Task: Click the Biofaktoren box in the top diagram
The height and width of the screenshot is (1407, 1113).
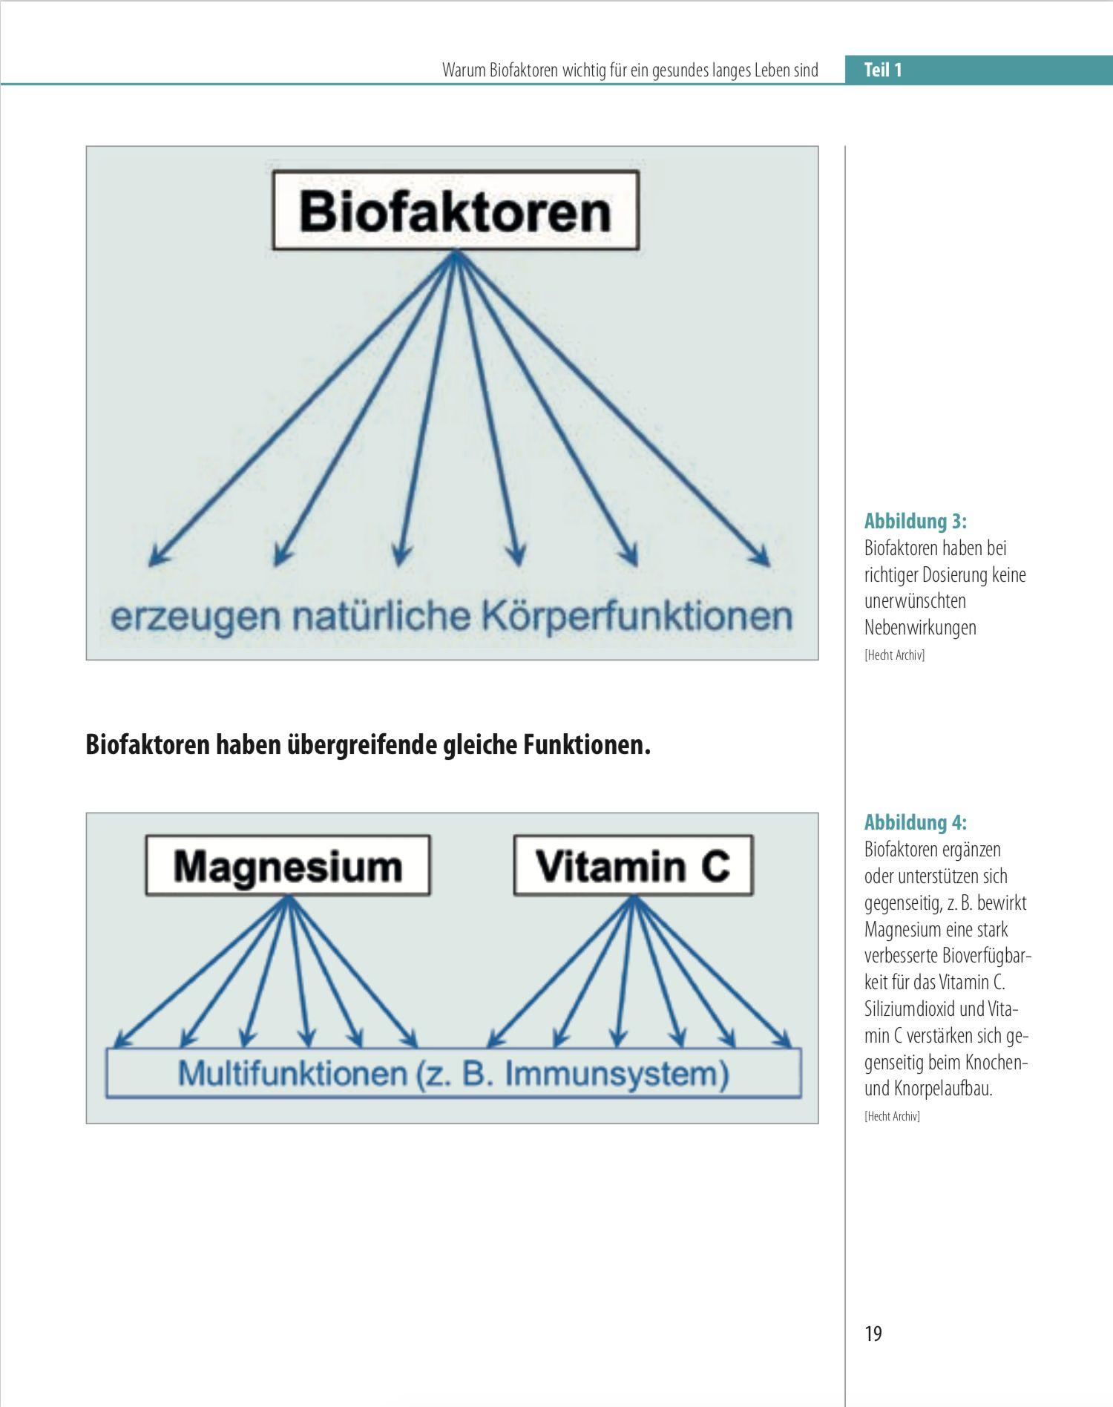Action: tap(456, 211)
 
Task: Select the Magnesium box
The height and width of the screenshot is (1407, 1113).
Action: tap(288, 866)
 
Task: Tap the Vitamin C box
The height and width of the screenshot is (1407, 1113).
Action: tap(633, 866)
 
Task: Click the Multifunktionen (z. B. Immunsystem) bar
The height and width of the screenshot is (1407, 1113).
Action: tap(453, 1074)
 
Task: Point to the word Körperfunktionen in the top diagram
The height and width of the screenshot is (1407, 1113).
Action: tap(637, 617)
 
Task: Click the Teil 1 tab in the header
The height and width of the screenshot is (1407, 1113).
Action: tap(882, 70)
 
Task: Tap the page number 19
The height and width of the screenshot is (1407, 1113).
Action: tap(873, 1334)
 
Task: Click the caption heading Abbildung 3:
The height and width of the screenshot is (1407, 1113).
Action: tap(916, 521)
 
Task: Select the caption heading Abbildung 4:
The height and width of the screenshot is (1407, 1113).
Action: tap(916, 822)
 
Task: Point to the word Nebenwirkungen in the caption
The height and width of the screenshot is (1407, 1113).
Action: tap(920, 628)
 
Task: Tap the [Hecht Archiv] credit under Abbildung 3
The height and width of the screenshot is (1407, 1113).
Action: tap(894, 655)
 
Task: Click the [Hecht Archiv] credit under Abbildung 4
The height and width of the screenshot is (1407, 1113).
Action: tap(892, 1116)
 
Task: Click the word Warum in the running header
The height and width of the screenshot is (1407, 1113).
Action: tap(464, 70)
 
